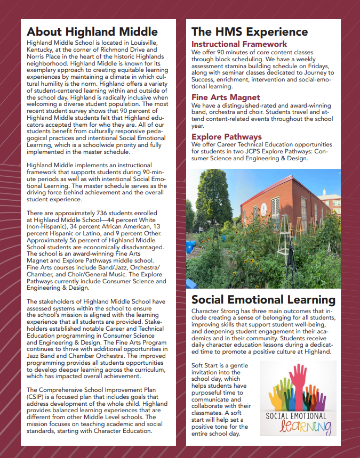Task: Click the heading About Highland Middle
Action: point(92,31)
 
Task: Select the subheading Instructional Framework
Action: point(239,44)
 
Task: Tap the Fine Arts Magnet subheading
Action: point(226,97)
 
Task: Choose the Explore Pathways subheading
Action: point(227,137)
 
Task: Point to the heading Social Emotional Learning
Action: point(263,300)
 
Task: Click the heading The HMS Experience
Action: point(250,31)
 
